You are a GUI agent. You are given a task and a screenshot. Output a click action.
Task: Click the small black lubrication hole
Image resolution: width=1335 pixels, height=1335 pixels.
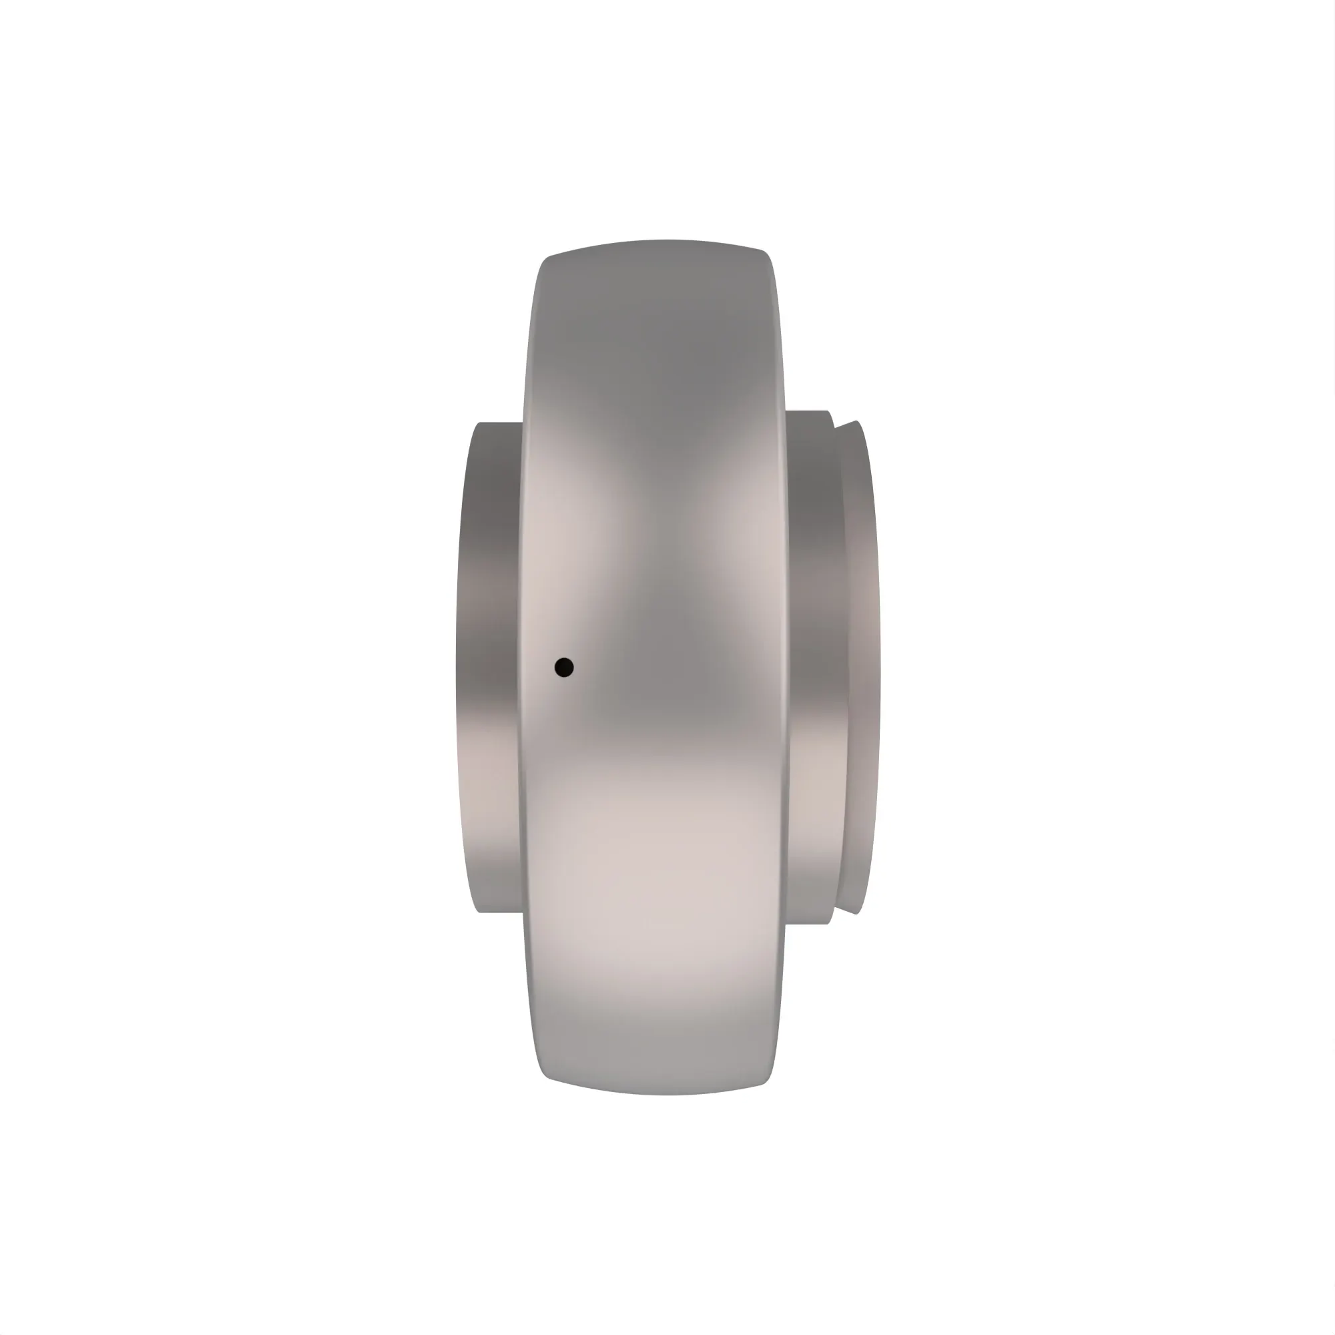564,667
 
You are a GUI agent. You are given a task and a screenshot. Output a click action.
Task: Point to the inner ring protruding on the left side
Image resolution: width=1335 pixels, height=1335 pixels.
487,667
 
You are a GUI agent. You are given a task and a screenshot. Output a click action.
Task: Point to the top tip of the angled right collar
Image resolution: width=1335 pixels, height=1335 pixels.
857,421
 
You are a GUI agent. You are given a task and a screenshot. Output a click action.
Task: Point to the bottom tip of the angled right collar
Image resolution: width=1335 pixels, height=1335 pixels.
857,914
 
